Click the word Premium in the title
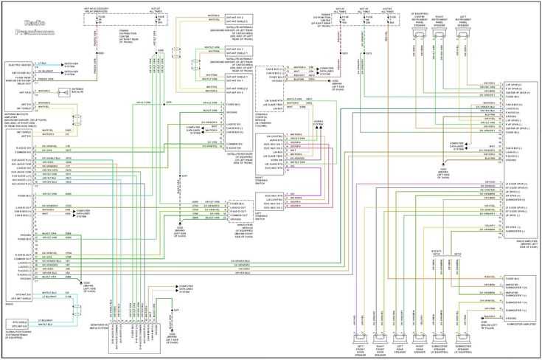point(34,32)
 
